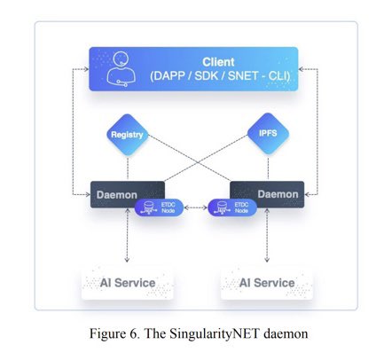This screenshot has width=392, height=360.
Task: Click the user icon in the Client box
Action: tap(121, 69)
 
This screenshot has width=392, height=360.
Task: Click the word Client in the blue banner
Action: tap(218, 62)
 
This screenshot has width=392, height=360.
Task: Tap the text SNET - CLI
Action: tap(259, 76)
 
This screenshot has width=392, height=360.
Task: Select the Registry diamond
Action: tap(128, 135)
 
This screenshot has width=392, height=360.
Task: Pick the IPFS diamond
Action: tap(268, 133)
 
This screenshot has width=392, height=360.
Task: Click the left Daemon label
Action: tap(117, 195)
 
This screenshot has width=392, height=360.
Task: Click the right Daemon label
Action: tap(278, 194)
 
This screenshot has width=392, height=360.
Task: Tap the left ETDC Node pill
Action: tap(159, 207)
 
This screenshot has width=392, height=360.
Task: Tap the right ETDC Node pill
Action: tap(232, 207)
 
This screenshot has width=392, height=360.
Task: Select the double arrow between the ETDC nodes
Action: tap(196, 207)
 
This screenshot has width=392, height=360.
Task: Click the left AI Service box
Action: tap(128, 283)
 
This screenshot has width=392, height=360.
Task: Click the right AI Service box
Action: tap(267, 283)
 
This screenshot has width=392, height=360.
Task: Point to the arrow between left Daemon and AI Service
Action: tap(127, 235)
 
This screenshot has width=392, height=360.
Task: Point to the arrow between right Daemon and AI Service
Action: tap(267, 235)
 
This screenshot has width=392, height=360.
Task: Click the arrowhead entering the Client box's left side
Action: tap(86, 69)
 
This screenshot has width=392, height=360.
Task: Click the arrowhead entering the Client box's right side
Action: tap(301, 69)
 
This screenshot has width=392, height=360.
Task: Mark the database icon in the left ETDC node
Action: tap(148, 207)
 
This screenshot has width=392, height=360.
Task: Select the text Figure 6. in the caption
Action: tap(115, 333)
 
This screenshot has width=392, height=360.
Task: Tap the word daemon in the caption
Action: tap(286, 333)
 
